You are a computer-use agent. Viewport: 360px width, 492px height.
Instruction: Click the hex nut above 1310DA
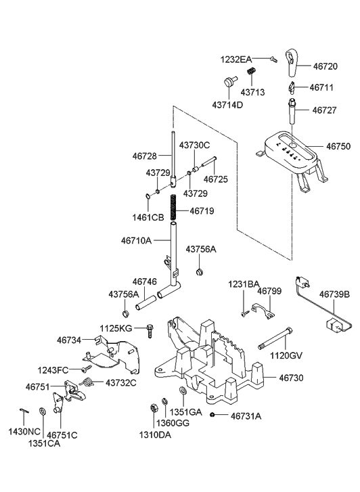(x=153, y=408)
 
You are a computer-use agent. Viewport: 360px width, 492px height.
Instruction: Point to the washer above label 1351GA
(x=182, y=393)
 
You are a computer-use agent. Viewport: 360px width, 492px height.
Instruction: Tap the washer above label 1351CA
(x=43, y=411)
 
